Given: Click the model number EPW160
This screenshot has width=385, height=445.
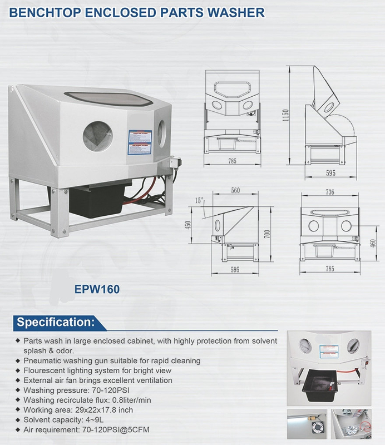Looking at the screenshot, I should (97, 289).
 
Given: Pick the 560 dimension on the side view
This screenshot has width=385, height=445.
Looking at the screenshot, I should (235, 190).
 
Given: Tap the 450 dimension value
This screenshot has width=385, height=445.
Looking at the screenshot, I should (188, 225).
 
